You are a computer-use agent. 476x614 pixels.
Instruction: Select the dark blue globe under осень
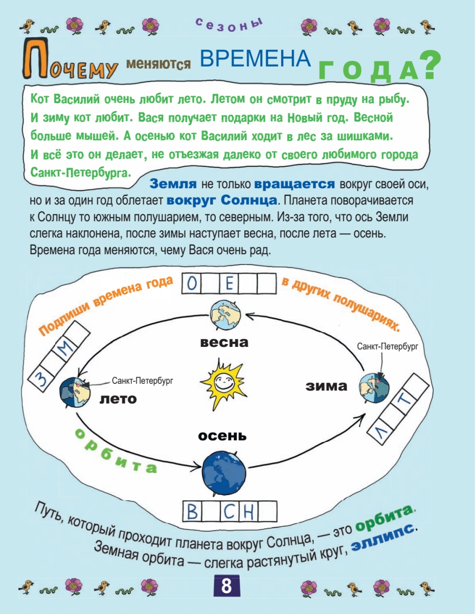pos(224,468)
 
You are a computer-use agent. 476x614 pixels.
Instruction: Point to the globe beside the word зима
pos(373,387)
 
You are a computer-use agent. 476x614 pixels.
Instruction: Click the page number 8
pos(226,585)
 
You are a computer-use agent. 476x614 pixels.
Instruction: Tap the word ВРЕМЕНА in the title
pos(255,59)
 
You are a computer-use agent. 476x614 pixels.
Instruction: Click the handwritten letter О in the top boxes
pos(192,284)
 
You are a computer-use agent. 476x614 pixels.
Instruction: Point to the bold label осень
pos(222,436)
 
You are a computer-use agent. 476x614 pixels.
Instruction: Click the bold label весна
pos(224,342)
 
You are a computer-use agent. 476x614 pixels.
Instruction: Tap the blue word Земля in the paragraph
pos(173,184)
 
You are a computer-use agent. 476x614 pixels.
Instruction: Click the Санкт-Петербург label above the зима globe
pos(388,346)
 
